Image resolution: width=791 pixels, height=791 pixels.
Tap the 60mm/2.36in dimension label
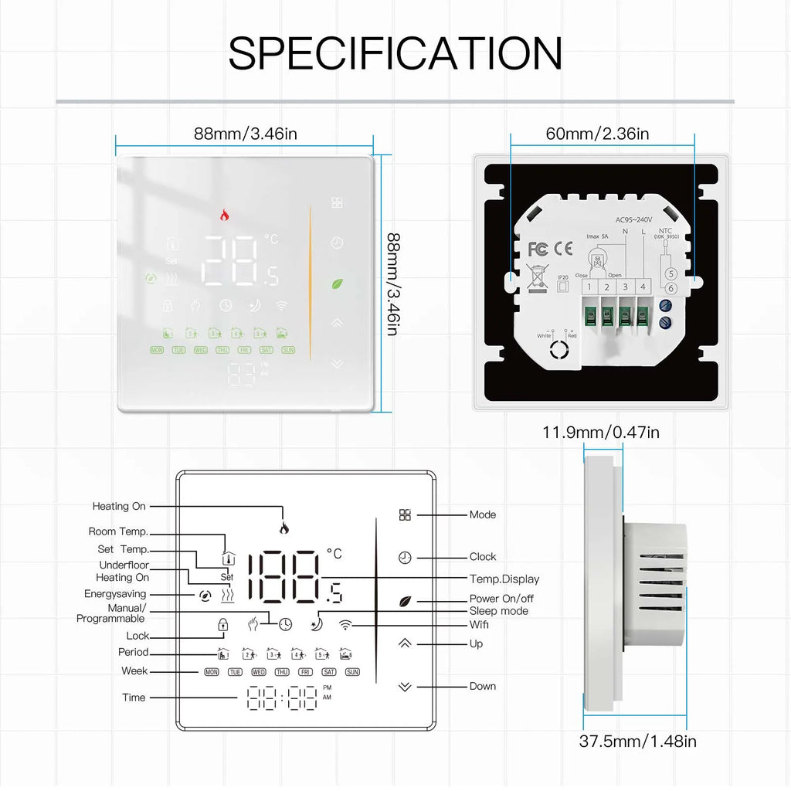pos(597,134)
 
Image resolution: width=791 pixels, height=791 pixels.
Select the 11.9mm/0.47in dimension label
pos(600,432)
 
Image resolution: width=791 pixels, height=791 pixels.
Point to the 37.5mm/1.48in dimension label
pos(637,742)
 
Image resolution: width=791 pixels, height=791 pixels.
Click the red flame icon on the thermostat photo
pos(226,216)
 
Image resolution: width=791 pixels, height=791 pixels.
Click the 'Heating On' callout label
pos(119,507)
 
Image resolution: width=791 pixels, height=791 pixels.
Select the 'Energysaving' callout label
pos(115,594)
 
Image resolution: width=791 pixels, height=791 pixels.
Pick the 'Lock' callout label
pos(137,636)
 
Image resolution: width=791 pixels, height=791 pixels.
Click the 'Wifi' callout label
pos(479,624)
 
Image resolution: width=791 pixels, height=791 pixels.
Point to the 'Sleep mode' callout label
pos(498,611)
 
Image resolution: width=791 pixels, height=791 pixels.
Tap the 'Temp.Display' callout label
pos(504,579)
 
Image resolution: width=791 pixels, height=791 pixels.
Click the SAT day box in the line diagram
pos(329,672)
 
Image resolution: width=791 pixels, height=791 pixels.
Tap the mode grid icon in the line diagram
pos(406,515)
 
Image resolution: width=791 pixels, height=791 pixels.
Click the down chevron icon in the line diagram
pos(406,686)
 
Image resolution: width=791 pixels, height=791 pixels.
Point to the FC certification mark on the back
pos(538,249)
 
